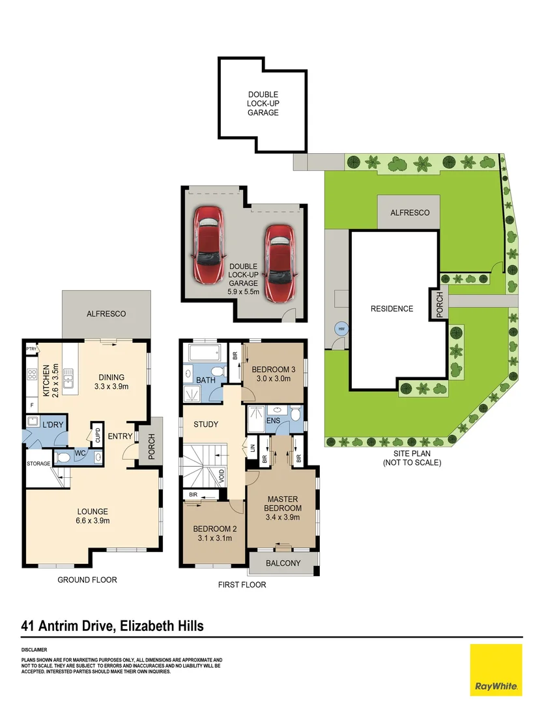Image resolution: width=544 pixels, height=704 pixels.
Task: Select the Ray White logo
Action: tap(496, 669)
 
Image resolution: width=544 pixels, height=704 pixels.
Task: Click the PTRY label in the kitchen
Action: tap(31, 349)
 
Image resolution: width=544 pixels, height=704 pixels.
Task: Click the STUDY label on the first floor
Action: tap(206, 424)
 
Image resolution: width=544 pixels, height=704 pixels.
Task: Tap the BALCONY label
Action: tap(284, 563)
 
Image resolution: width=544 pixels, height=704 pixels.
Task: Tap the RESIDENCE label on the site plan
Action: tap(392, 308)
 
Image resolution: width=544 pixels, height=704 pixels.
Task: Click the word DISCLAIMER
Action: tap(34, 650)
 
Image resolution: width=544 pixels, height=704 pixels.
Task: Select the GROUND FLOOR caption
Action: tap(87, 579)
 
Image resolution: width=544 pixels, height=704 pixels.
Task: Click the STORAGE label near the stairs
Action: tap(38, 463)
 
